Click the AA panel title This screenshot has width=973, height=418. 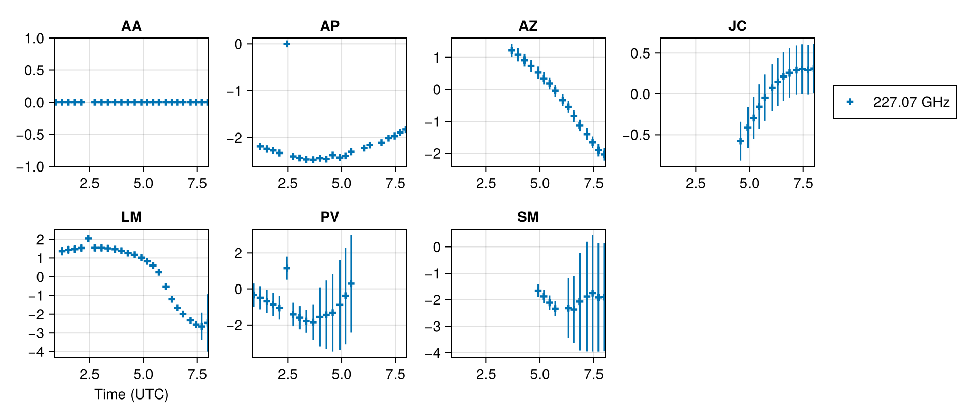[131, 26]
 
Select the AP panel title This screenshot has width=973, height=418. [329, 26]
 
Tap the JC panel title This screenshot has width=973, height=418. [737, 26]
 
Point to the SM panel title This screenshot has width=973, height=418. [528, 217]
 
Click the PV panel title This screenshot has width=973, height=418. [329, 217]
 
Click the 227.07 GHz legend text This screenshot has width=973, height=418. [911, 102]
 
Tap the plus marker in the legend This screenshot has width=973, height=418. [850, 102]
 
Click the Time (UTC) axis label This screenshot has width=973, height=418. [131, 394]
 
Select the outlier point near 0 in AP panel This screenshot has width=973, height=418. [287, 44]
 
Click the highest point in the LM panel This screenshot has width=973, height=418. [88, 238]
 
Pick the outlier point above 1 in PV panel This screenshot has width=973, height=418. [287, 268]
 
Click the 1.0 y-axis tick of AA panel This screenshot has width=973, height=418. [34, 39]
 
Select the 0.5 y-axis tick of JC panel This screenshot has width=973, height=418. [640, 53]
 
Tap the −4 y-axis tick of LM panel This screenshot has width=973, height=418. [38, 352]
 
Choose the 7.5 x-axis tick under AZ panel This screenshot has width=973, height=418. [593, 184]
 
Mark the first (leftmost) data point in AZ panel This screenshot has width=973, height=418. [511, 50]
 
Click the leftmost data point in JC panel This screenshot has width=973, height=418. [740, 141]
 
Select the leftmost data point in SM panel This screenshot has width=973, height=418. [538, 291]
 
